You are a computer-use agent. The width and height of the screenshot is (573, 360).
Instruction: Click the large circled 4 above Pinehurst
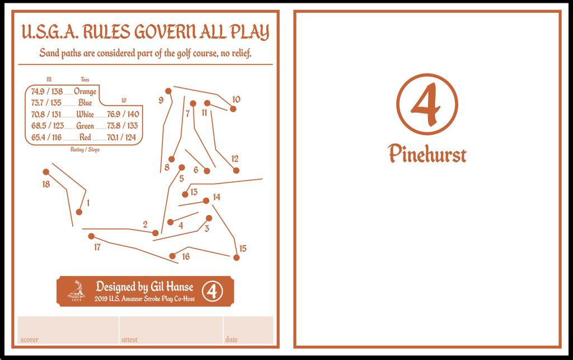[427, 105]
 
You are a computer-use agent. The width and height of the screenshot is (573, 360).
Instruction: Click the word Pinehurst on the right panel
[427, 153]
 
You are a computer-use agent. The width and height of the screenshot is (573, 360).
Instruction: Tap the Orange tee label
[85, 91]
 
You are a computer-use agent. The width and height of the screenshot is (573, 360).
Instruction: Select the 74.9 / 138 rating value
[46, 91]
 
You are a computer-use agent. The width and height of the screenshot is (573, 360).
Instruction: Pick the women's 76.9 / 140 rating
[123, 114]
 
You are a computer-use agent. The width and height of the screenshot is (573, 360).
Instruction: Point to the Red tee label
[85, 137]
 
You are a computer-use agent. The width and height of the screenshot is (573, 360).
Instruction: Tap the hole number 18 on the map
[46, 184]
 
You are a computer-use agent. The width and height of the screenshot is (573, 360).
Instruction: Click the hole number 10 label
[236, 100]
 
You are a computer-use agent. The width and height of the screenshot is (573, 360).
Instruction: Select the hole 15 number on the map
[242, 249]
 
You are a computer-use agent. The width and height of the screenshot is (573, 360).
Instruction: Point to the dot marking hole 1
[79, 212]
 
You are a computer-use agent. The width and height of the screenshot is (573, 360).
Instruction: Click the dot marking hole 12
[236, 170]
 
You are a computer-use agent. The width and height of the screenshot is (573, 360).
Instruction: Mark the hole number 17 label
[97, 247]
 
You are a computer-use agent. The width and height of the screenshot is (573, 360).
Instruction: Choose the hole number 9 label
[161, 100]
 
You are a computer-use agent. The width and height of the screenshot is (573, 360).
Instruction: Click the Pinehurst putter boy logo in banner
[76, 291]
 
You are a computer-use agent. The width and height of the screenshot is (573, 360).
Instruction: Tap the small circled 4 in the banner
[212, 291]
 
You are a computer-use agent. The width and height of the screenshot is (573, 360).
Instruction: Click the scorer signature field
[68, 330]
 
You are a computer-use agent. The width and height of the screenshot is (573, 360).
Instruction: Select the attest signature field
[171, 330]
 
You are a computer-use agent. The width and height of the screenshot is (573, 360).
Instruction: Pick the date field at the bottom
[248, 330]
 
